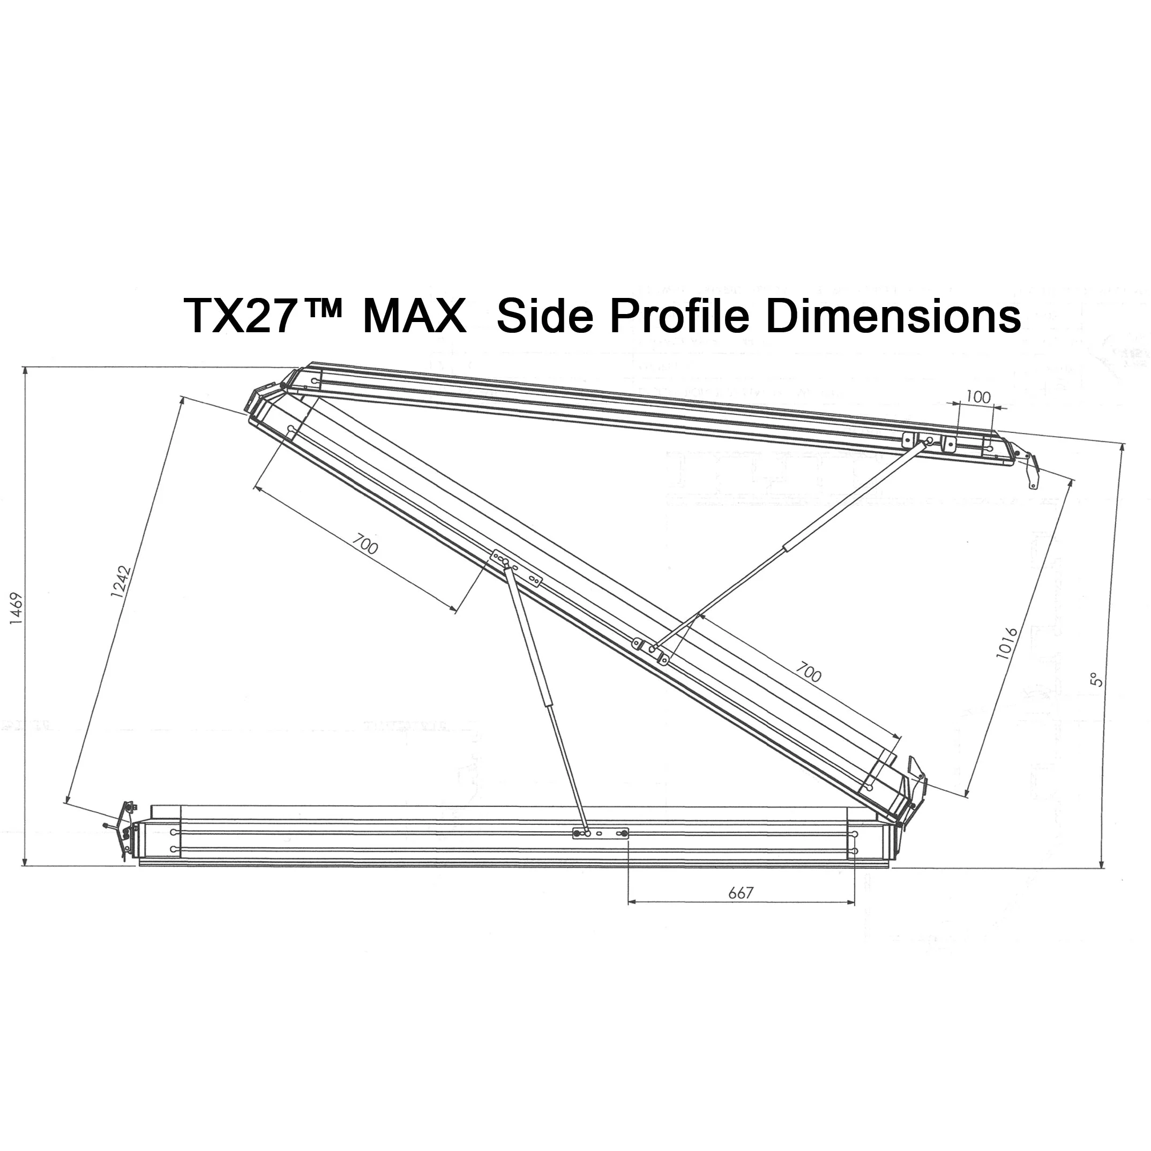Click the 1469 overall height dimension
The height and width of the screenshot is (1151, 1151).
[16, 608]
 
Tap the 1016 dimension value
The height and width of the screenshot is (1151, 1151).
[1007, 644]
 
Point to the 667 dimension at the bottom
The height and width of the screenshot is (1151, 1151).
[741, 892]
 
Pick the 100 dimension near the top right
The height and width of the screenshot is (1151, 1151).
[977, 397]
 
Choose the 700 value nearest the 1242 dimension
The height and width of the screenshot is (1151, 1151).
[364, 544]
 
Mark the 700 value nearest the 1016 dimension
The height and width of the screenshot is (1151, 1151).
[808, 672]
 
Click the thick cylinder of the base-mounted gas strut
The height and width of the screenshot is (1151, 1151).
[530, 638]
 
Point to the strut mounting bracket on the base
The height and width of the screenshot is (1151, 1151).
[601, 833]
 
